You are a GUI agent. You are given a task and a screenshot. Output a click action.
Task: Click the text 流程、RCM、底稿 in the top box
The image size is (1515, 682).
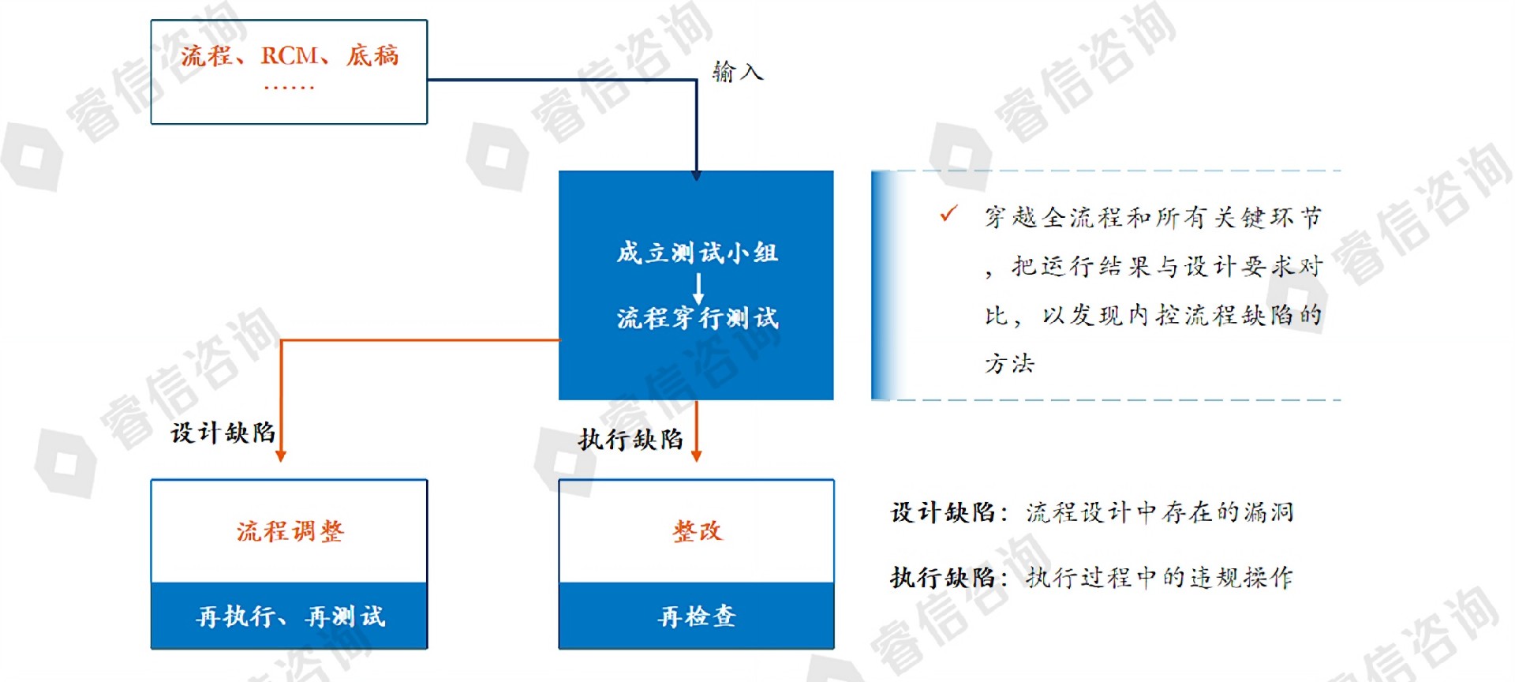[290, 56]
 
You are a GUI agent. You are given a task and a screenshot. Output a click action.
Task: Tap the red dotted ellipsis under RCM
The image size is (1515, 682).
[289, 87]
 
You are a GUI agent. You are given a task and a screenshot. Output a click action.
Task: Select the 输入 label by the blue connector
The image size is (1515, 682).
[737, 73]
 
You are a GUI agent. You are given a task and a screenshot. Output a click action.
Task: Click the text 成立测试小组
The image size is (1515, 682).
[697, 253]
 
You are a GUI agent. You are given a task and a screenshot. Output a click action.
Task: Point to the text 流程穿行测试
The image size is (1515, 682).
[697, 318]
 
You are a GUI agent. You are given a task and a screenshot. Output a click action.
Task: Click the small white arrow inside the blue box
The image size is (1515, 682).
[698, 287]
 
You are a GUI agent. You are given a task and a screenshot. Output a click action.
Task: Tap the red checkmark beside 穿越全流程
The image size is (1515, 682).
[948, 214]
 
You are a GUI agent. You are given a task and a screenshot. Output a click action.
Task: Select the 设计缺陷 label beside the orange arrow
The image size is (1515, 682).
[223, 433]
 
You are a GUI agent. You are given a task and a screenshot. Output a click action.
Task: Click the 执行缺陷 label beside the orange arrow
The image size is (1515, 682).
[630, 440]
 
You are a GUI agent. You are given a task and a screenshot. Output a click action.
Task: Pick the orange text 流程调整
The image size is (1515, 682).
[290, 531]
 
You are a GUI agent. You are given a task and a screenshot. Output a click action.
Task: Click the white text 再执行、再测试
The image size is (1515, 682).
[290, 616]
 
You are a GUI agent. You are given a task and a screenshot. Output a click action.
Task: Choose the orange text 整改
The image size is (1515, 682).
[697, 531]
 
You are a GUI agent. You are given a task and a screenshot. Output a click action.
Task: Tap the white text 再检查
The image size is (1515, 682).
[697, 616]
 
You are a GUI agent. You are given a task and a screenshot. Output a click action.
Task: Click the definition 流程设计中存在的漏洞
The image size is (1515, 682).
[1160, 513]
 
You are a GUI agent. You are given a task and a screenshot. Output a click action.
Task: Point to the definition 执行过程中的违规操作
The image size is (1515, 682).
[1160, 578]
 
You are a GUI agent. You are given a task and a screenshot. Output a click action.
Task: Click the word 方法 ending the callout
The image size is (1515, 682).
[1009, 364]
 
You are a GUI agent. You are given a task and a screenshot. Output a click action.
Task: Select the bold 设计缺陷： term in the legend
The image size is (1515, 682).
[948, 513]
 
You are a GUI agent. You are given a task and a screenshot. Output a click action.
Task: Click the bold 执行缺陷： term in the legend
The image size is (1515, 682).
[948, 578]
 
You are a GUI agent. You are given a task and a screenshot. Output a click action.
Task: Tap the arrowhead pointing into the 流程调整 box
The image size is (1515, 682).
[281, 455]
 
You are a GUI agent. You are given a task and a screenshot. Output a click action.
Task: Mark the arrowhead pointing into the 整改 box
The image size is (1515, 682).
[696, 455]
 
